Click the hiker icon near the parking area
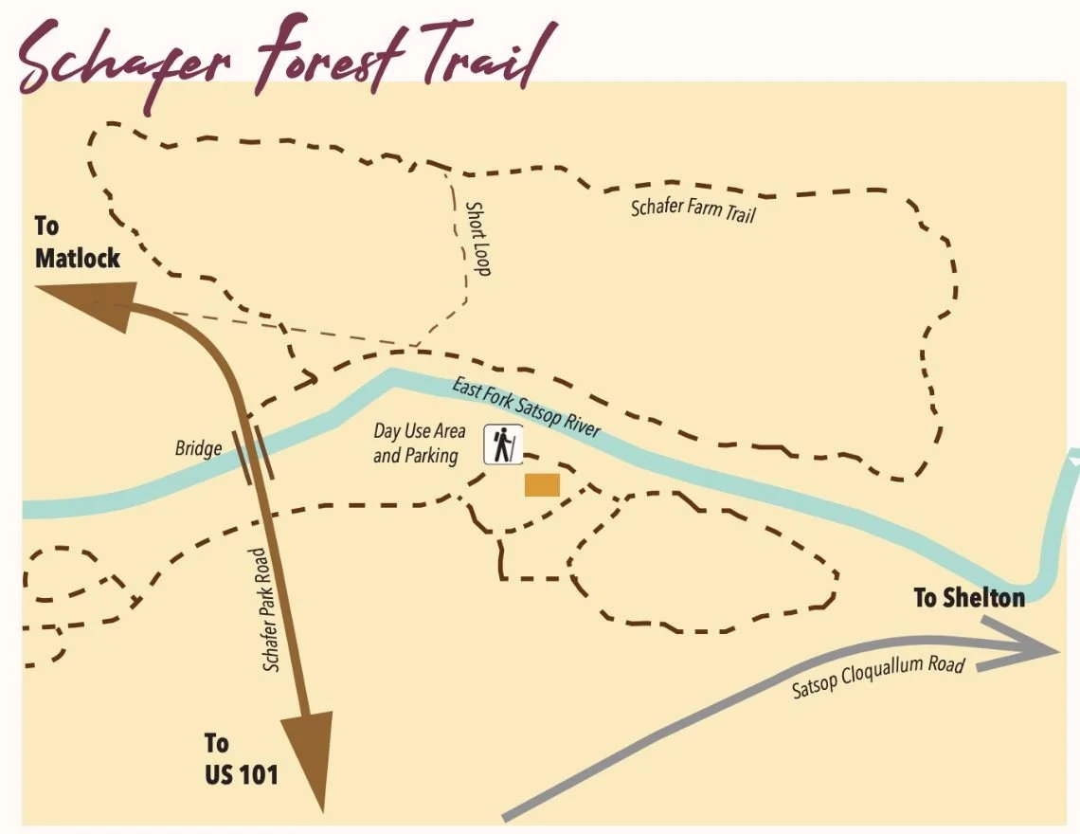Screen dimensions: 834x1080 [503, 445]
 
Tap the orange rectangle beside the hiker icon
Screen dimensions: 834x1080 [543, 485]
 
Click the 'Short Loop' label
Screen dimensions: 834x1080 [478, 238]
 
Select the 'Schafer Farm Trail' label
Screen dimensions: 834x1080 [693, 208]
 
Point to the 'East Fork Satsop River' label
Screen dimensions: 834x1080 [526, 408]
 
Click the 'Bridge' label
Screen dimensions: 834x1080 [198, 448]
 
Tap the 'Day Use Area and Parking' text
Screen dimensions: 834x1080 [420, 444]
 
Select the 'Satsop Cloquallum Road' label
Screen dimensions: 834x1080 [878, 677]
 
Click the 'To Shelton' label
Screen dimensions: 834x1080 [968, 598]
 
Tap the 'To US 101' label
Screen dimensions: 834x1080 [241, 758]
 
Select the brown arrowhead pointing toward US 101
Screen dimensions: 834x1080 [309, 758]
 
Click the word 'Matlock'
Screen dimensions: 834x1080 [78, 257]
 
